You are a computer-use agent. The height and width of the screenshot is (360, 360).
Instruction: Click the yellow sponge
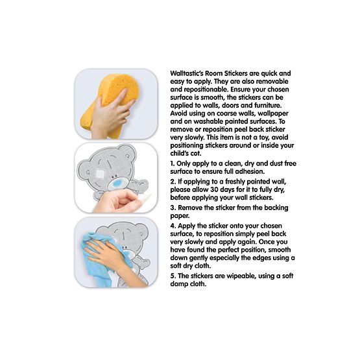(110, 106)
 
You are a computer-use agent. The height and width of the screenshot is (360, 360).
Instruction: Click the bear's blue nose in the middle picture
(117, 183)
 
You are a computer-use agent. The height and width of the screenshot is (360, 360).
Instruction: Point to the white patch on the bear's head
(100, 173)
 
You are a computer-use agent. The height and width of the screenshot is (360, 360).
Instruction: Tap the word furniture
(267, 105)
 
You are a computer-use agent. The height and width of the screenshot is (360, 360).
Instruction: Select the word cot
(196, 153)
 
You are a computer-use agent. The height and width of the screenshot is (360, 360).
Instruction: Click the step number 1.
(173, 163)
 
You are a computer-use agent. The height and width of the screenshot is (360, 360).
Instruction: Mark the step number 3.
(173, 208)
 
